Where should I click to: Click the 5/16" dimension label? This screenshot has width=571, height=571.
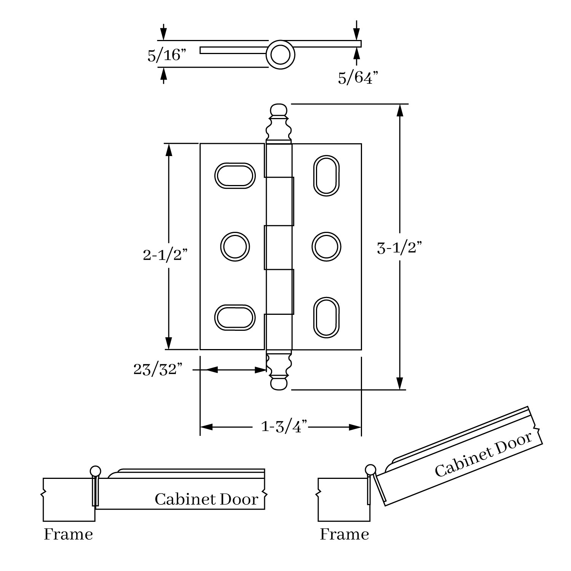coord(166,56)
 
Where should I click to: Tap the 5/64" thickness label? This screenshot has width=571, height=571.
coord(358,78)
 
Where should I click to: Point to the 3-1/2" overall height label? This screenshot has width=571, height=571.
coord(400,249)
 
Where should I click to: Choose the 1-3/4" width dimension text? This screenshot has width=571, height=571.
coord(284,427)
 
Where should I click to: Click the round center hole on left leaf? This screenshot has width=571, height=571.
coord(235,247)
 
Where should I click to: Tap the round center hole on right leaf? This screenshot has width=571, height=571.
coord(326,247)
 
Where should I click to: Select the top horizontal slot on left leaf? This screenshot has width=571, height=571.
coord(235,175)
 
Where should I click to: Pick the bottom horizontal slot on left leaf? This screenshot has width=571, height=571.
coord(235,317)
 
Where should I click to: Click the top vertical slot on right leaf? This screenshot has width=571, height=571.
coord(326,175)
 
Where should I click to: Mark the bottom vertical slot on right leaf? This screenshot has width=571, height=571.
coord(326,317)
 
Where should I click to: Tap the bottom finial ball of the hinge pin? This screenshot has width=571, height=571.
coord(279,384)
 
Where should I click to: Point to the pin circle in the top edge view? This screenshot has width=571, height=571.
coord(280,55)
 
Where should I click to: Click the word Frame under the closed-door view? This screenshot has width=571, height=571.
coord(68,534)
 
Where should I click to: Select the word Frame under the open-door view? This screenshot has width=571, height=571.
coord(344,534)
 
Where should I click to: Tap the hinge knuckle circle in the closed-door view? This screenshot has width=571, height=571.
coord(95,471)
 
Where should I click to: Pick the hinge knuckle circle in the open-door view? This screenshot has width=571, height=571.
coord(370,471)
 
